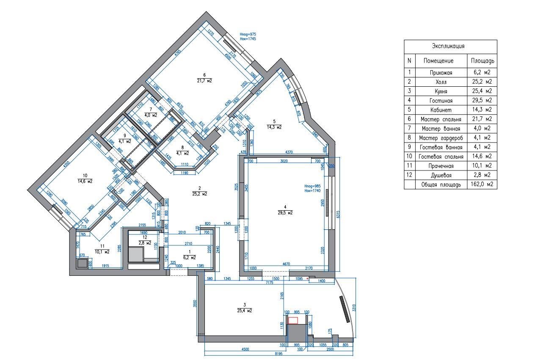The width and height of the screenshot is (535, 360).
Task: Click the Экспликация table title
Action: point(450,46)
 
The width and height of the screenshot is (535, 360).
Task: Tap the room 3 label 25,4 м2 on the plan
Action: point(245,310)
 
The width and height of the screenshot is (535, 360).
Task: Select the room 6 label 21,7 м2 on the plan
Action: point(204,80)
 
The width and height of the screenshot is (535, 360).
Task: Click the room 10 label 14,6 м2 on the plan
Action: point(85,181)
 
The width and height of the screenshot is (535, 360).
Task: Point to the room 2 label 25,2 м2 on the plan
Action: point(199,194)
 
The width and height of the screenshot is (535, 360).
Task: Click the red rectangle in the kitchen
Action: point(292,321)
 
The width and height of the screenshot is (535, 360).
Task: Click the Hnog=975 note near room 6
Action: point(248,34)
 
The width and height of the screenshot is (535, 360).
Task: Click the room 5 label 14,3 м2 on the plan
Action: point(274,126)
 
